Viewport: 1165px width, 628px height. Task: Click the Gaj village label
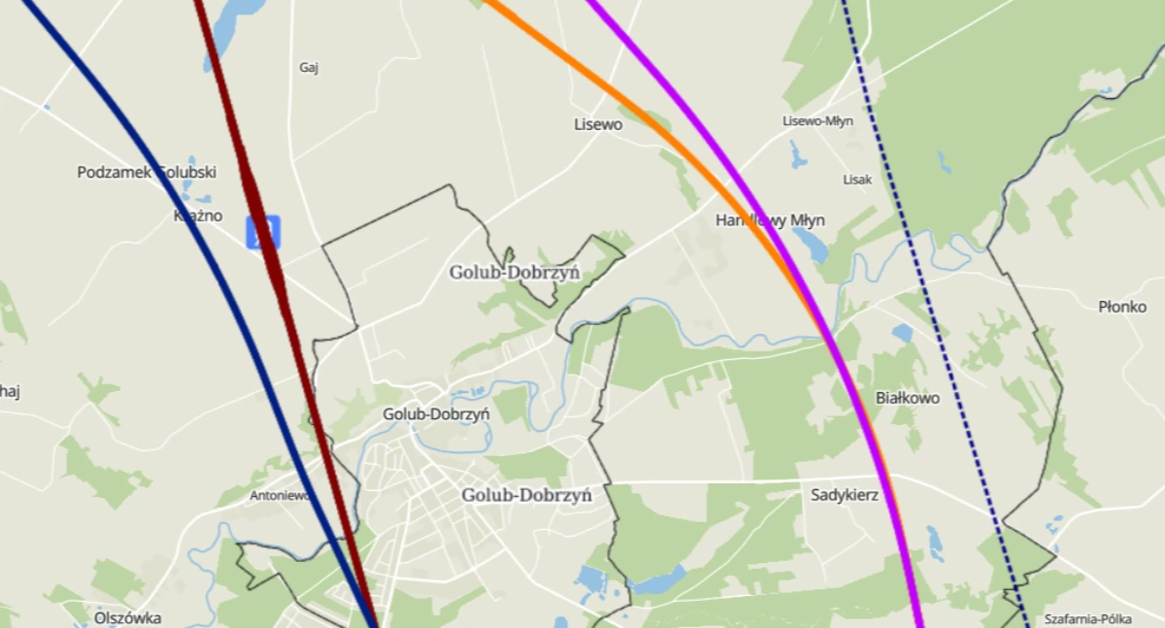(x=310, y=68)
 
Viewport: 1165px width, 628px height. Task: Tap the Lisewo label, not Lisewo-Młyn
(x=597, y=124)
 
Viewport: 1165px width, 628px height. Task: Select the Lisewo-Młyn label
(x=816, y=121)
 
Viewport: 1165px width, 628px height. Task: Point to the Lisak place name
(x=857, y=180)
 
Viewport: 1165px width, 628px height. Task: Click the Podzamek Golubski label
(x=147, y=173)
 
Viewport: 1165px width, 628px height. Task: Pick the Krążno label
(x=198, y=215)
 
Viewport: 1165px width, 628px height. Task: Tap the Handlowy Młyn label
(x=763, y=219)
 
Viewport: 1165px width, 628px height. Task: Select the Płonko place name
(x=1122, y=307)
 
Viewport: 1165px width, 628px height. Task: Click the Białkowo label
(x=908, y=398)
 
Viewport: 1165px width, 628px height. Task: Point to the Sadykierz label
(x=845, y=495)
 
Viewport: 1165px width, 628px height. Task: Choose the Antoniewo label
(x=280, y=495)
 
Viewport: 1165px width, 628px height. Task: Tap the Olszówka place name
(x=128, y=617)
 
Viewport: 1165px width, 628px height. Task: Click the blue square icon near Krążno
(x=262, y=232)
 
